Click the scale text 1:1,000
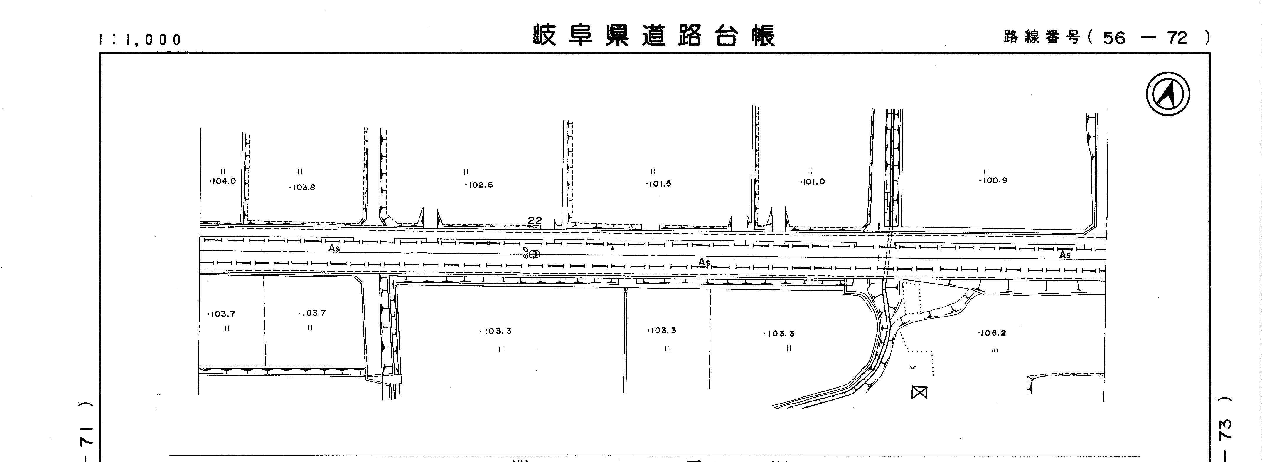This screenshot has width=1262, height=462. (140, 40)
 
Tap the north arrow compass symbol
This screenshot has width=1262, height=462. (1168, 94)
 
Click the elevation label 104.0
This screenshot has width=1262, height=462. (223, 181)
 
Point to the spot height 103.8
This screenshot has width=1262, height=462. (302, 187)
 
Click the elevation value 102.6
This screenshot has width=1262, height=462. (479, 185)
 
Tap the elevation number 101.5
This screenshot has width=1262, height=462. (659, 184)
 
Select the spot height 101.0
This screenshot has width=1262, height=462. (813, 181)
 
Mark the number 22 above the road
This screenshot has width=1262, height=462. (535, 221)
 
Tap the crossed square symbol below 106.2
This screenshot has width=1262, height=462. (919, 392)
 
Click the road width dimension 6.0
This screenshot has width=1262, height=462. (526, 252)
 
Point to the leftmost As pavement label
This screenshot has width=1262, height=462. (334, 248)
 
